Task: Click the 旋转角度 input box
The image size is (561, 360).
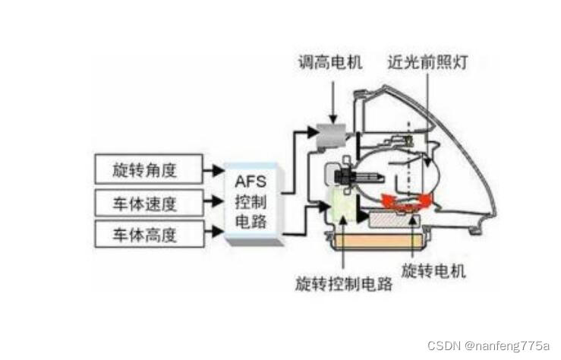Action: (x=149, y=169)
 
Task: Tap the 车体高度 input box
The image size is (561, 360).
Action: (x=149, y=235)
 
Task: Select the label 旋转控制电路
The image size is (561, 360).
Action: (x=344, y=284)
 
